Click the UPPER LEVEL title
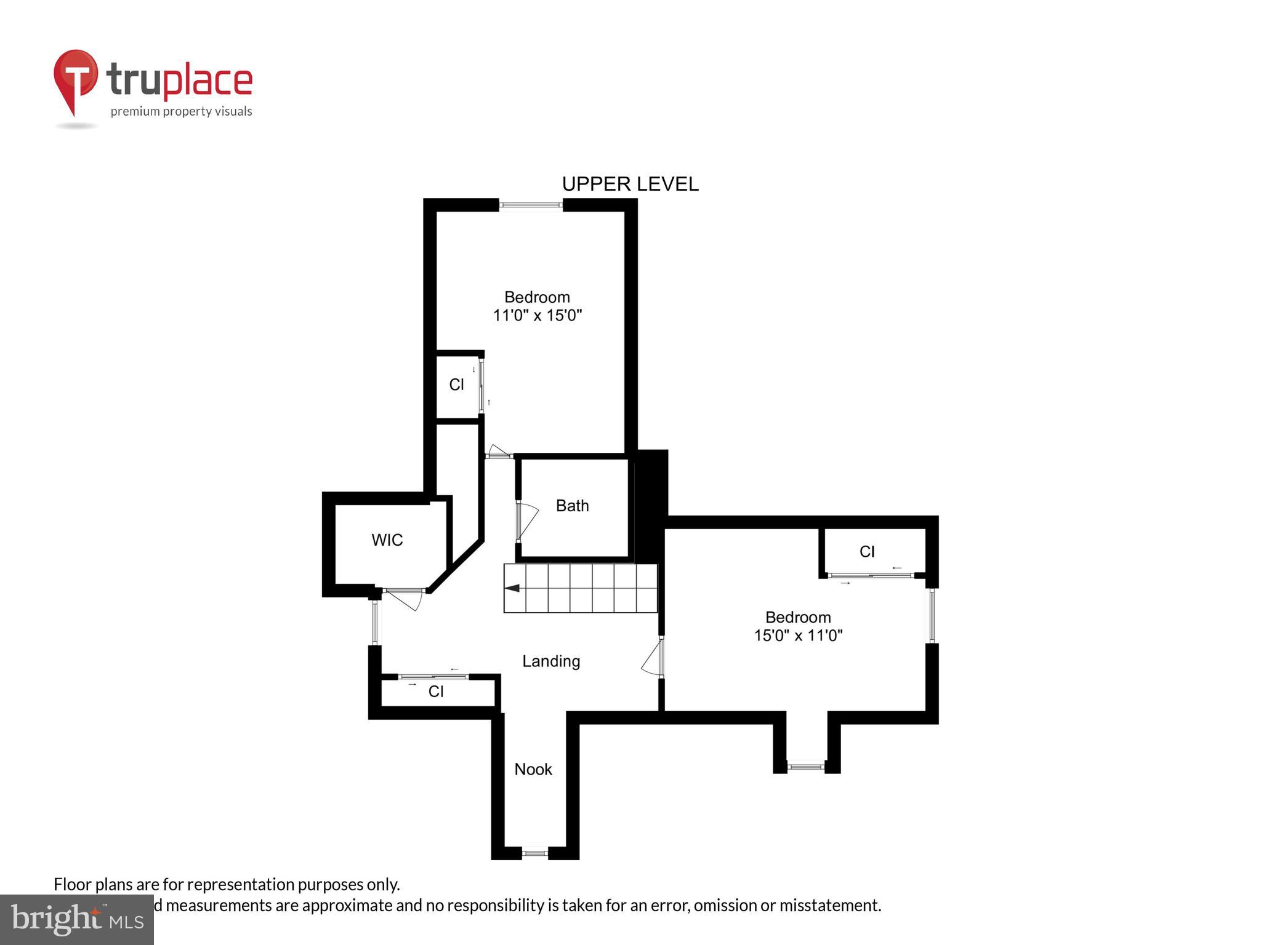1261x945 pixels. tap(630, 184)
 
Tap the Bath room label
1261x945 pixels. tap(572, 506)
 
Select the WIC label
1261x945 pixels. tap(387, 540)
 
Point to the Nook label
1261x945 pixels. tap(533, 769)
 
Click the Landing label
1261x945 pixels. tap(551, 661)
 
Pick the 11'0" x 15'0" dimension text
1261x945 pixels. tap(537, 316)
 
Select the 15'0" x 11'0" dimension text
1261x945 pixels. tap(798, 636)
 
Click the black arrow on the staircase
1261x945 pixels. tap(512, 589)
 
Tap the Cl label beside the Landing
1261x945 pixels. tap(436, 692)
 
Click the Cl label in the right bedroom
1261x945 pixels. tap(867, 552)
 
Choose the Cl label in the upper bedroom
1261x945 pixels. tap(456, 385)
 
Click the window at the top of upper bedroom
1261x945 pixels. tap(530, 205)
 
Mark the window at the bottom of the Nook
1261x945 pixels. tap(534, 853)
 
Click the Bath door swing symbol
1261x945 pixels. tap(526, 520)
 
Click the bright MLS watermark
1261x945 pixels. tap(77, 920)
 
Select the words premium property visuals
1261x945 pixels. tap(181, 112)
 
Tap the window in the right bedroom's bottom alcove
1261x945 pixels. tap(805, 767)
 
